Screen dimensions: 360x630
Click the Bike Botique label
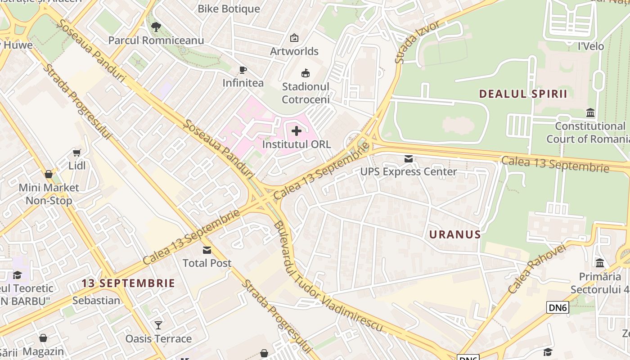(229, 9)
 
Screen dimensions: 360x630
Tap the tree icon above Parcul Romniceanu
(156, 27)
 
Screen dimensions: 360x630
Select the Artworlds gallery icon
(294, 38)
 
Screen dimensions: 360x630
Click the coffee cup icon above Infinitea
(243, 70)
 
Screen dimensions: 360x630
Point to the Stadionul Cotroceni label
(306, 93)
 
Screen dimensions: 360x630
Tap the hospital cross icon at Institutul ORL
(297, 131)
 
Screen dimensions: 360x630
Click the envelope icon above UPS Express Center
(409, 159)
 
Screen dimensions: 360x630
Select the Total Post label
(207, 263)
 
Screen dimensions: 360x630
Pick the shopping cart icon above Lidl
(77, 153)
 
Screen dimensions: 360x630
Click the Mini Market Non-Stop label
(49, 194)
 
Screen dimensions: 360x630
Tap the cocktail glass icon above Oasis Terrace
(158, 325)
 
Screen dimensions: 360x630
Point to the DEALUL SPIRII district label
(523, 94)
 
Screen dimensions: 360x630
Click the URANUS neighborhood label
(455, 234)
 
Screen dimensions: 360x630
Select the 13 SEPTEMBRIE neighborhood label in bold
(128, 283)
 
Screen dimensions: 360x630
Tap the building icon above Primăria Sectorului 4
(600, 263)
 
